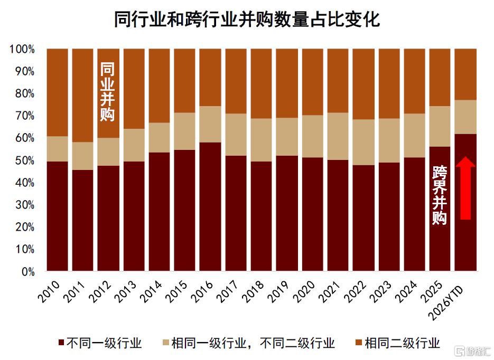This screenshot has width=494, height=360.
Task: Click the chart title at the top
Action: (247, 20)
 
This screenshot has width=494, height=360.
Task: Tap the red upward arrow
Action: (465, 188)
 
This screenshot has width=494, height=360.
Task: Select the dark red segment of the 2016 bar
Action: (210, 206)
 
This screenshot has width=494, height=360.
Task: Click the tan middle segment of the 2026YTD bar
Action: (465, 117)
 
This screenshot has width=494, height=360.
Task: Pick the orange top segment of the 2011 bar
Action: (82, 96)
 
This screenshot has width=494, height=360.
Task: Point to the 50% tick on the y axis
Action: (25, 160)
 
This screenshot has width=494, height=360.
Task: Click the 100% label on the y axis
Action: (22, 49)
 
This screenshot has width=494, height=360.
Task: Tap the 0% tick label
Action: (28, 271)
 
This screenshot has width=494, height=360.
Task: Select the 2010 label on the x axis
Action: (49, 291)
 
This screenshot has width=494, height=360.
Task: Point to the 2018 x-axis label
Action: (253, 291)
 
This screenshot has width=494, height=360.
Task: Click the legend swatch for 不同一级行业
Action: (61, 343)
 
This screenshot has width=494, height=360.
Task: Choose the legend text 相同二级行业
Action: (402, 343)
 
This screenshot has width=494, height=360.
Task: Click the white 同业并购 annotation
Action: (107, 92)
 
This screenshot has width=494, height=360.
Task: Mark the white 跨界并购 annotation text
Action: (440, 195)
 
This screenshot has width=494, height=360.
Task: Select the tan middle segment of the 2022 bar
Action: (363, 142)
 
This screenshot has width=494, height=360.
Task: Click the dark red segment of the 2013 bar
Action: (134, 216)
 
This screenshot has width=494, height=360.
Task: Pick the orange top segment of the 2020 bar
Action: (313, 82)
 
